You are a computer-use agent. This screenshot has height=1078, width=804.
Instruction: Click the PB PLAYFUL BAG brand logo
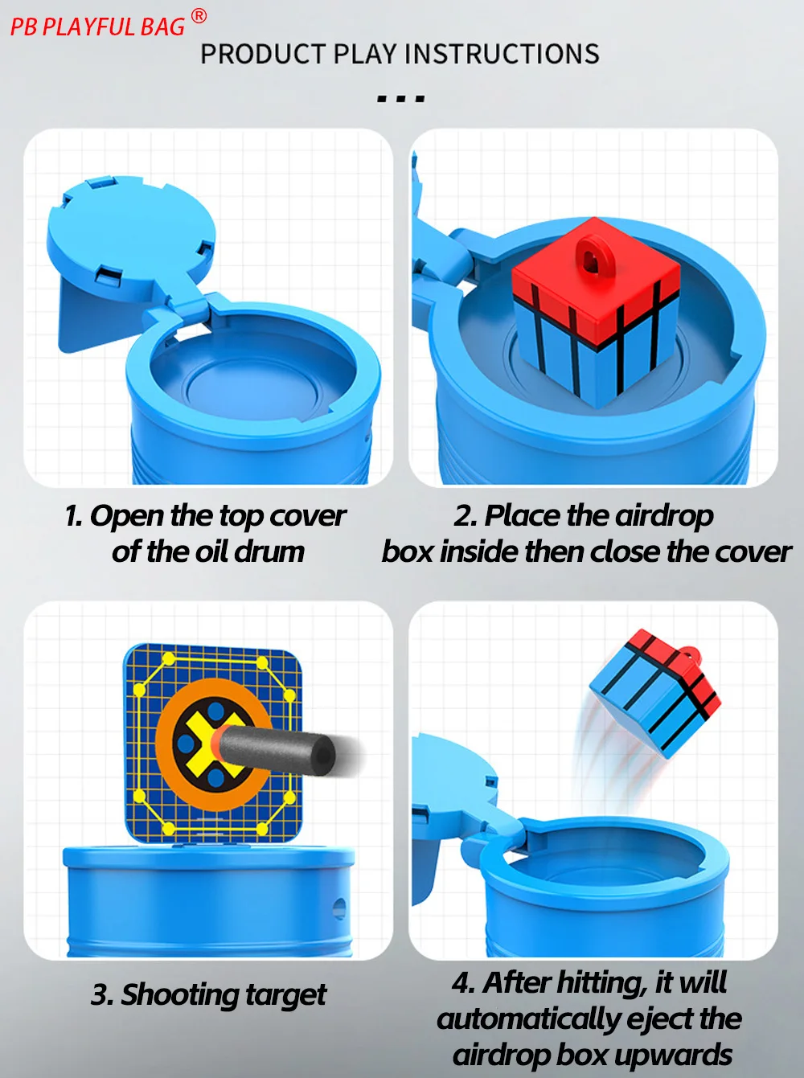97,27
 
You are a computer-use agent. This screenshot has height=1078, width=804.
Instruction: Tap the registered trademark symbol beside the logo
199,15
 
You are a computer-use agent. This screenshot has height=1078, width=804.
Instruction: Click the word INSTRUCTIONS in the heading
502,54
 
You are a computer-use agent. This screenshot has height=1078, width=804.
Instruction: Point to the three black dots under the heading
400,99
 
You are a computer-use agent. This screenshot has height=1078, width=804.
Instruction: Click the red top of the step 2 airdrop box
595,285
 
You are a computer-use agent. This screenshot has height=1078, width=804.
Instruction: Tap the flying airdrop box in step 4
655,691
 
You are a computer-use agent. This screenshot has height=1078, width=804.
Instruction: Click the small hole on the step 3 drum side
338,908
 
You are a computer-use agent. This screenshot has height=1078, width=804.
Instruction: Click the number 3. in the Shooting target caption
102,995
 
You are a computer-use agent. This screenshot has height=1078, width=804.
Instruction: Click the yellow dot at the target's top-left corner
169,660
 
